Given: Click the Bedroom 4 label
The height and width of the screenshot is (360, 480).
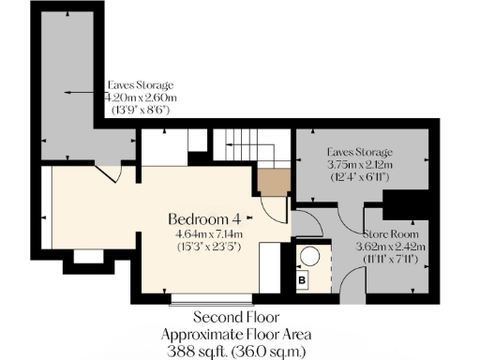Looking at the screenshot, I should coord(203,218).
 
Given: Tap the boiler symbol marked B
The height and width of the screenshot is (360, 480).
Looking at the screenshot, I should coord(303,278).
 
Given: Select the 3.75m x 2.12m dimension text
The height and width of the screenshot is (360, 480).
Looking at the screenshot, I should coord(359,165).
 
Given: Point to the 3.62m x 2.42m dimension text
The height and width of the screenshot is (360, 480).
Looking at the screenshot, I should coord(393,247).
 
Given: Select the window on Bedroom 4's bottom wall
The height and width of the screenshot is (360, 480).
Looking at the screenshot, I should coord(212,302).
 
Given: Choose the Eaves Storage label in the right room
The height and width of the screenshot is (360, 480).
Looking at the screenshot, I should coord(359,152).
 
